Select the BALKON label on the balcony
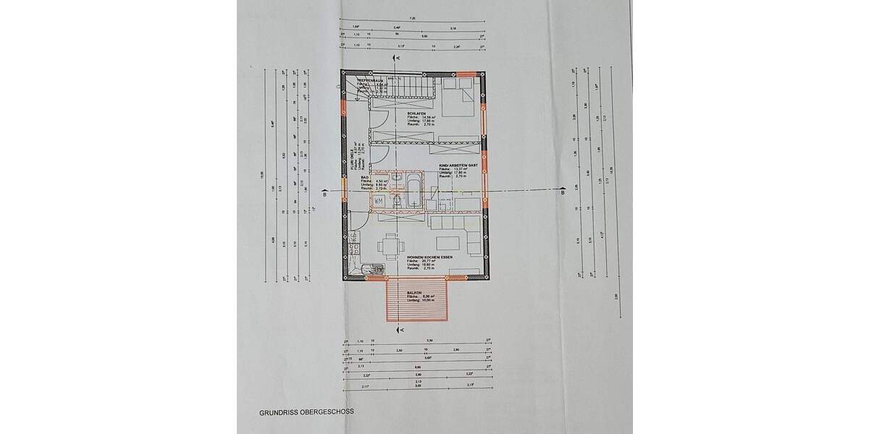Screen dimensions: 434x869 tap(415, 293)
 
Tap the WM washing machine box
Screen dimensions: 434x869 tap(379, 200)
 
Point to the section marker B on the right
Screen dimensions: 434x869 tap(562, 192)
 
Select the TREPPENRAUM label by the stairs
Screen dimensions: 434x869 tap(369, 81)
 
